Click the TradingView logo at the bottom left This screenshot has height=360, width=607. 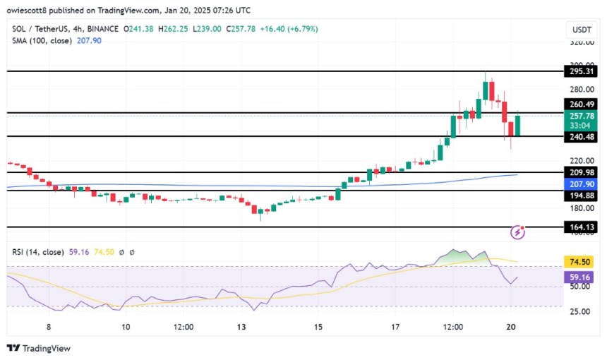39,348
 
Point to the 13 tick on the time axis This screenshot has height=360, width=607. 242,327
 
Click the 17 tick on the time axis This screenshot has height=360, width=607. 395,327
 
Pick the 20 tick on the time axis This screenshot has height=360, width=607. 511,327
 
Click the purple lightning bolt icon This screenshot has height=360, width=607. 519,232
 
